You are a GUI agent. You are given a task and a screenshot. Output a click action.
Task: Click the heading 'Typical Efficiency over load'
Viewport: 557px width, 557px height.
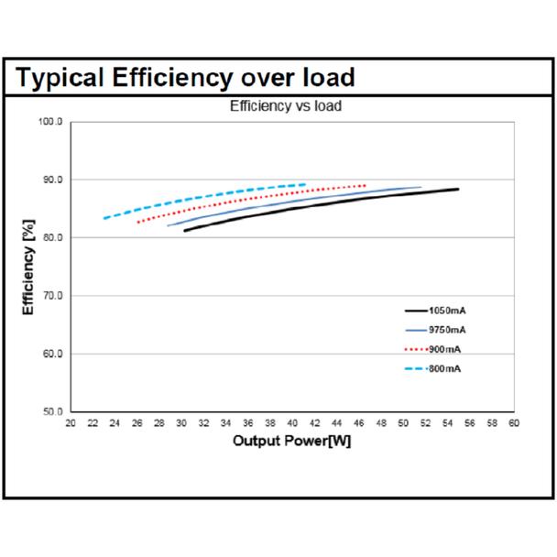[x=185, y=78]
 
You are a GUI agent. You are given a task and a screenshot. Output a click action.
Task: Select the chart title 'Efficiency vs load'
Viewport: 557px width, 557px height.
[x=286, y=106]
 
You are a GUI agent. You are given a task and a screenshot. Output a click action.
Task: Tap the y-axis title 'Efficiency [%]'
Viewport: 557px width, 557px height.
[x=28, y=268]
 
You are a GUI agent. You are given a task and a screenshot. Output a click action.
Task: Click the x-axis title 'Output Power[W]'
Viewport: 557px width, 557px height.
[x=291, y=441]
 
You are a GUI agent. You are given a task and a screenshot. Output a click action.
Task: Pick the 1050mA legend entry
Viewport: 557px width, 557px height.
[x=435, y=311]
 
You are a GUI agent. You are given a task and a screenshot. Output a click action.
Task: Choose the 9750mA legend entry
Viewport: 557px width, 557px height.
[x=435, y=330]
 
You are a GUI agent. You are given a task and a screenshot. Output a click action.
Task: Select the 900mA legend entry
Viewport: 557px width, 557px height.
[x=432, y=350]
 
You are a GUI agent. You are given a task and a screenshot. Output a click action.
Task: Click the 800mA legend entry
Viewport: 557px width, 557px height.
[x=432, y=368]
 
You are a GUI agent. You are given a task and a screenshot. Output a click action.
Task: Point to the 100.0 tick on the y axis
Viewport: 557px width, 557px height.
[x=50, y=122]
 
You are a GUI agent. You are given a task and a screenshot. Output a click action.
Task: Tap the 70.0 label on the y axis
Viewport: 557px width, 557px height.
[x=52, y=296]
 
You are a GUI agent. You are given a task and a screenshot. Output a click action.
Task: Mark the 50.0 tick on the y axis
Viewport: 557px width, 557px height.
[x=52, y=411]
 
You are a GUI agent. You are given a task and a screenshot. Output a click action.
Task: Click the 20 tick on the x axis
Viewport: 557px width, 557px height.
[x=71, y=423]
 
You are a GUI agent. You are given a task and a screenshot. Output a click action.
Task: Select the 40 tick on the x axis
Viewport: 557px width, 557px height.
[x=292, y=423]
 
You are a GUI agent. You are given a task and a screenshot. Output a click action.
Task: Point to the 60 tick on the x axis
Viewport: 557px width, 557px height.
[x=514, y=423]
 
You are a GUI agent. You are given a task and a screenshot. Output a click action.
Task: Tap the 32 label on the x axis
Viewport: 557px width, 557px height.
[x=203, y=423]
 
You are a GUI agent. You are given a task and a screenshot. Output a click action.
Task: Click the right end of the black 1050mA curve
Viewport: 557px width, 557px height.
[x=458, y=189]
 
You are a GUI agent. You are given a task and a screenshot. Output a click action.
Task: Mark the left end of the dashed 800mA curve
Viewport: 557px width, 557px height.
[x=104, y=218]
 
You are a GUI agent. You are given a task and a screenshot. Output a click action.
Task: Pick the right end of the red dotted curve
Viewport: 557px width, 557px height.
[x=365, y=185]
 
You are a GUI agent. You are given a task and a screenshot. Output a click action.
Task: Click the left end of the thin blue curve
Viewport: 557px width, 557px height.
[x=168, y=225]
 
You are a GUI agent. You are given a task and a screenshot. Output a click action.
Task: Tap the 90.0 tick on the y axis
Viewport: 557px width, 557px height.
[x=52, y=180]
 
